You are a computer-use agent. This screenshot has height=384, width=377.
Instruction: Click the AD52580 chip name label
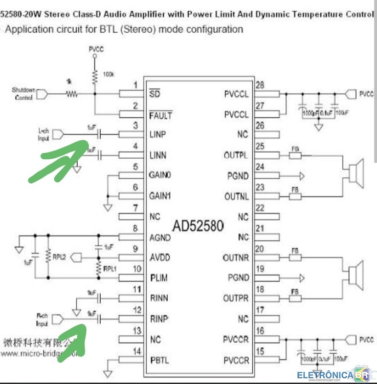tap(198, 226)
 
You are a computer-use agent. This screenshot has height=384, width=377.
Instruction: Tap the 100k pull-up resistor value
tap(108, 75)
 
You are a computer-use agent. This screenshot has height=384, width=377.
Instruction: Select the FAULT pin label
tap(161, 116)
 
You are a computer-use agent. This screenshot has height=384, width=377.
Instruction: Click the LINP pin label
tap(158, 135)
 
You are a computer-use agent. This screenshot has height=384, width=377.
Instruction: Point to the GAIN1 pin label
tap(161, 196)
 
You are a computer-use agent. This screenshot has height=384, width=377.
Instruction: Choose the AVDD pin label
tap(160, 258)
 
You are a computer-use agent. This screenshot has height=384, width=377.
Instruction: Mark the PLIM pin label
tap(159, 278)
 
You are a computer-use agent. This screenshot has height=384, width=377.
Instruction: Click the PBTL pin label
tap(160, 360)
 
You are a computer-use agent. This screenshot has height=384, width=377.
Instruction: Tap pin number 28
tap(260, 85)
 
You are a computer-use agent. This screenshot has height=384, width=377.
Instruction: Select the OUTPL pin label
tap(236, 155)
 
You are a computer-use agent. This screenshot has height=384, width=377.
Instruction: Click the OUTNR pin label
tap(236, 258)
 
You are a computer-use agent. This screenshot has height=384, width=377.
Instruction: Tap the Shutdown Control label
tap(24, 94)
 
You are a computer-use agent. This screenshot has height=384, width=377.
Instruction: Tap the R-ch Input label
tap(43, 320)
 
